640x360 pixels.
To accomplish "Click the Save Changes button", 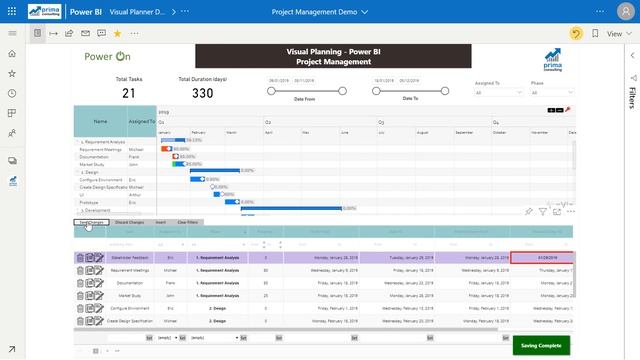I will coord(91,222).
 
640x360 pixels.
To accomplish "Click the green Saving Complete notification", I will coord(541,345).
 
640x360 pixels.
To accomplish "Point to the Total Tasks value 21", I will coord(129,94).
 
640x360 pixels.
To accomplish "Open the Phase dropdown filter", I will coord(551,92).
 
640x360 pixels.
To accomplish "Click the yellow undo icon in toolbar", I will coord(577,33).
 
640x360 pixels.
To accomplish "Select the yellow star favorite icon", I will coord(117,33).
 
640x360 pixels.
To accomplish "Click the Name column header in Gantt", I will coord(100,121).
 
